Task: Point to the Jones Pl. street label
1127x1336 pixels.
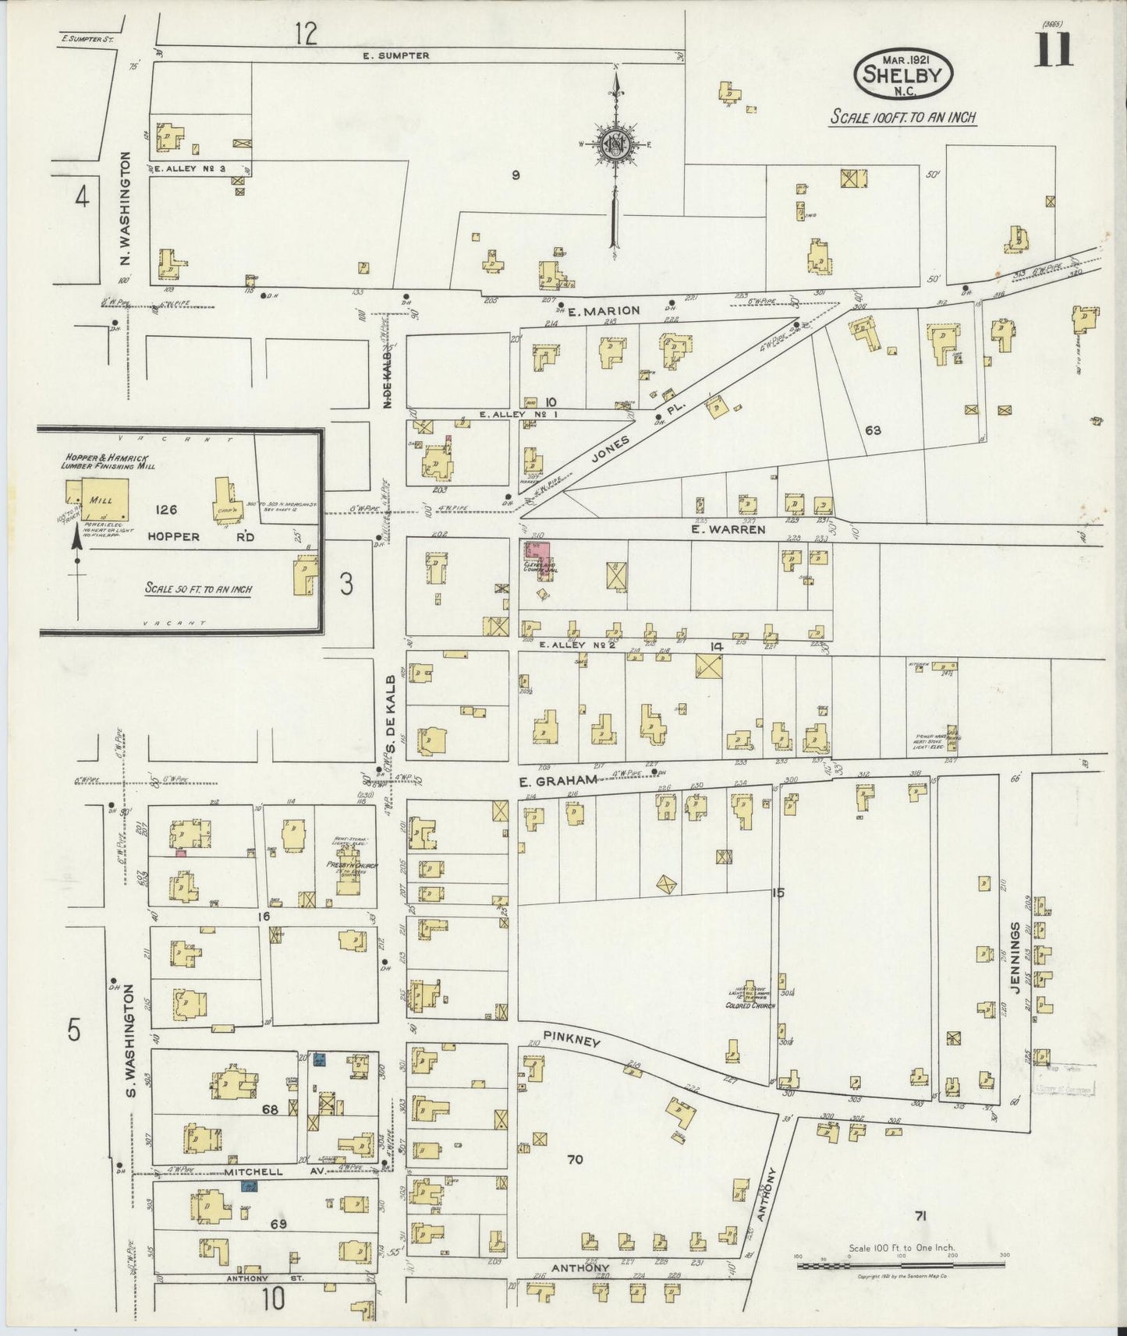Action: [612, 442]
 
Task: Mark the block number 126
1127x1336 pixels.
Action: [166, 511]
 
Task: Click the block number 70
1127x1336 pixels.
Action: [575, 1160]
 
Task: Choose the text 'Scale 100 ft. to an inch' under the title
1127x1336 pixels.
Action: [902, 118]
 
